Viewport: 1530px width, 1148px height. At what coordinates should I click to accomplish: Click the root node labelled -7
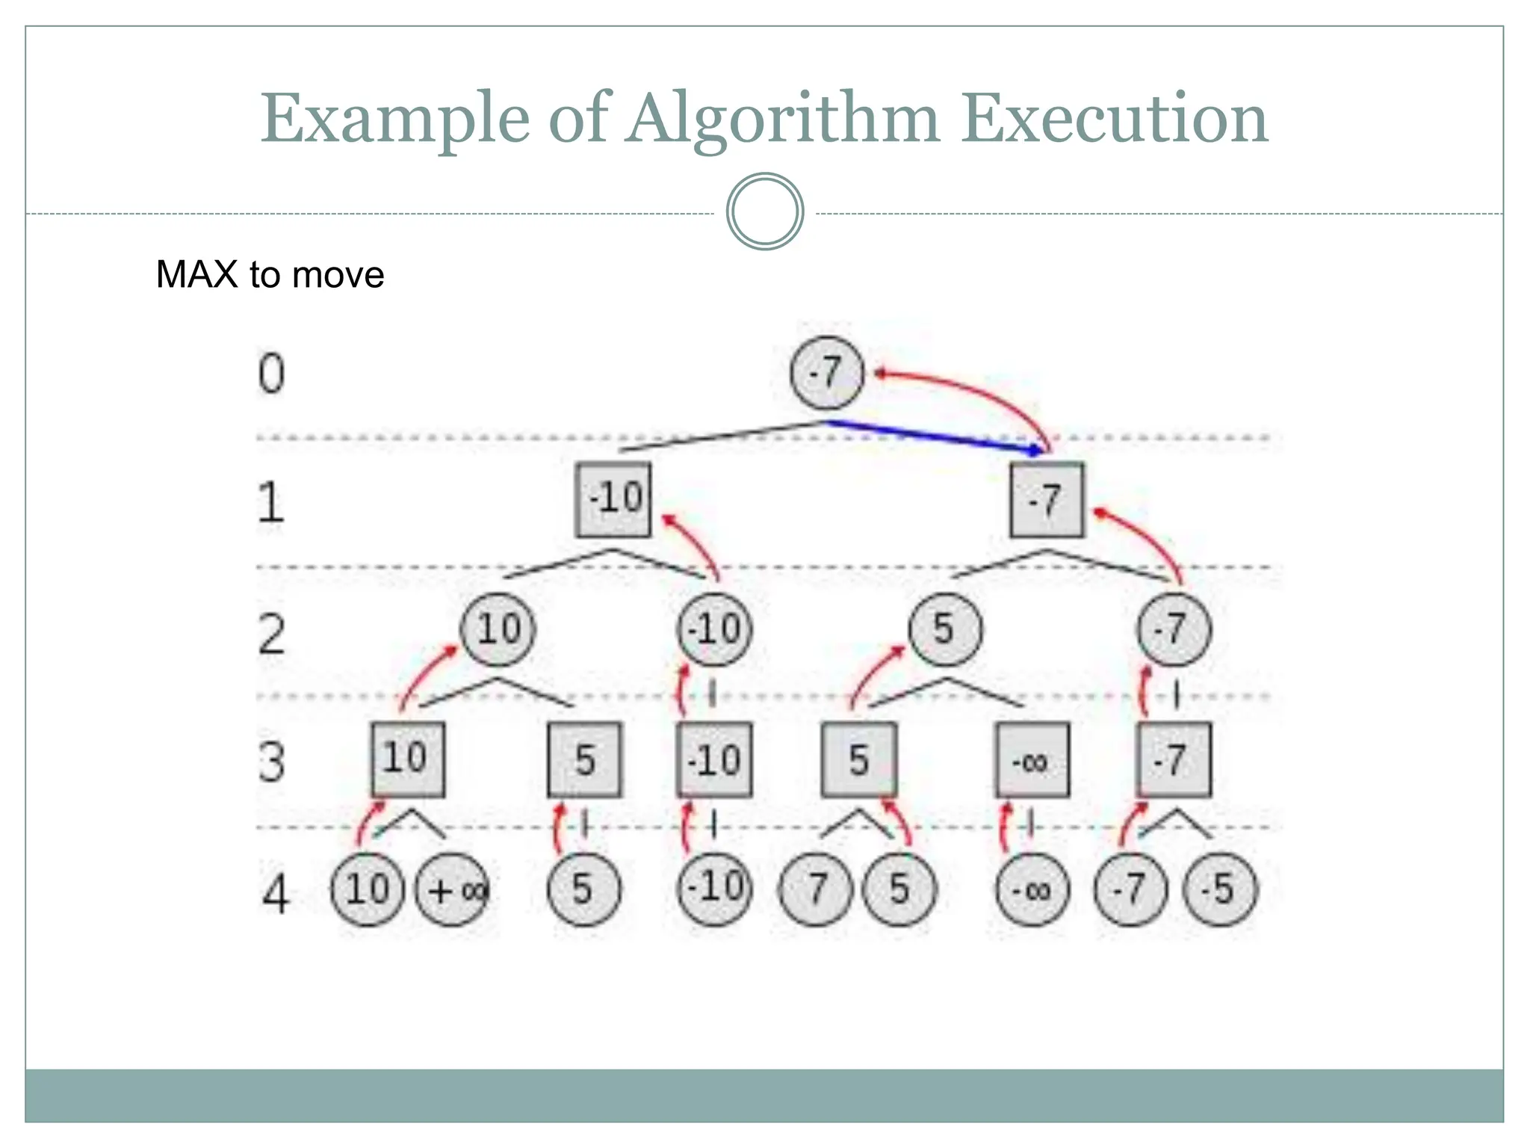826,373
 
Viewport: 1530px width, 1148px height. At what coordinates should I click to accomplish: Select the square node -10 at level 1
613,499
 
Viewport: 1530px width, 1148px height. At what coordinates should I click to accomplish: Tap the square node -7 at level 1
1046,499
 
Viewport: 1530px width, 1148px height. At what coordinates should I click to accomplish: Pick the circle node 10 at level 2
498,629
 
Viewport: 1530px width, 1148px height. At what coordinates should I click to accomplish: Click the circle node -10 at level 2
715,629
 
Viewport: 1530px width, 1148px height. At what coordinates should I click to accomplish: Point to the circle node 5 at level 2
945,629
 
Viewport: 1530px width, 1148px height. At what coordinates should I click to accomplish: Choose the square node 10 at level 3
408,759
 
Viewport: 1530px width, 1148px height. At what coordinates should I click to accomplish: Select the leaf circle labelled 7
816,889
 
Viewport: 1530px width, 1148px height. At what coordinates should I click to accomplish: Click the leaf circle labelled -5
1221,889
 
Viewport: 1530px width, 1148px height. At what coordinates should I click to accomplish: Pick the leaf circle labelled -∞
1032,889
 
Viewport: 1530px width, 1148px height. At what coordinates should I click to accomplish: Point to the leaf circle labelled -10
715,889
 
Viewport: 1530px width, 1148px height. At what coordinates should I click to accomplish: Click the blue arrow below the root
934,436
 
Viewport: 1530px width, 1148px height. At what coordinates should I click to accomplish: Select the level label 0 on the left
272,373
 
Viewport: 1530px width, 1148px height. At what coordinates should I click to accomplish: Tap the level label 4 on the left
275,893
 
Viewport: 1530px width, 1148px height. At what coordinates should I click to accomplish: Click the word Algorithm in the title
783,120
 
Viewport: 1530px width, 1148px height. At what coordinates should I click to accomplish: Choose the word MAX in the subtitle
196,274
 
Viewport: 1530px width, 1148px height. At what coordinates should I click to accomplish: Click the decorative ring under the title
764,212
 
